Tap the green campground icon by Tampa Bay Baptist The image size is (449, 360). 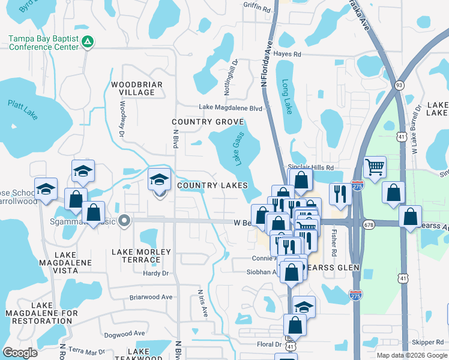[x=88, y=41]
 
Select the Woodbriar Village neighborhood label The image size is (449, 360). [x=137, y=88]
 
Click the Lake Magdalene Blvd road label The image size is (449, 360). [x=231, y=108]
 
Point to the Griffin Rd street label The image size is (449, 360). [x=257, y=7]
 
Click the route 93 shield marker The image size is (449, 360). [x=399, y=85]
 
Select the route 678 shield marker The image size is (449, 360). [x=368, y=223]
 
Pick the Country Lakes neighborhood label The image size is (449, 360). [x=213, y=186]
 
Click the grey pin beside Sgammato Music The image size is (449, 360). [x=124, y=221]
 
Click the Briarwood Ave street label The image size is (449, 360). [x=151, y=297]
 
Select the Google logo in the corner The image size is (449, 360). [x=20, y=353]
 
